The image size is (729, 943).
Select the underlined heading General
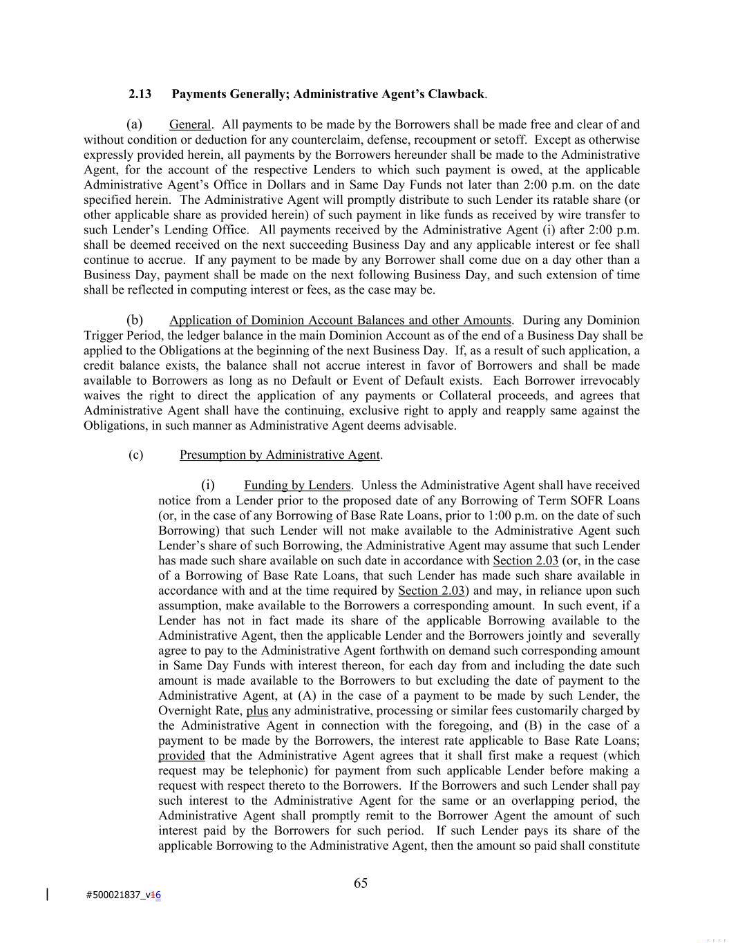[x=190, y=124]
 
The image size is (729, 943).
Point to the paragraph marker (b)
[x=135, y=320]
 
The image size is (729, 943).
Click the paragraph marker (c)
[x=136, y=455]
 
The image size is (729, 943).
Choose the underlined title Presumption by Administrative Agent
[x=280, y=455]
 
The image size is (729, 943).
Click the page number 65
[x=361, y=883]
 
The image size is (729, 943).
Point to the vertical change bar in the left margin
[x=47, y=895]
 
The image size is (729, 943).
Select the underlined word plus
[x=257, y=710]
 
